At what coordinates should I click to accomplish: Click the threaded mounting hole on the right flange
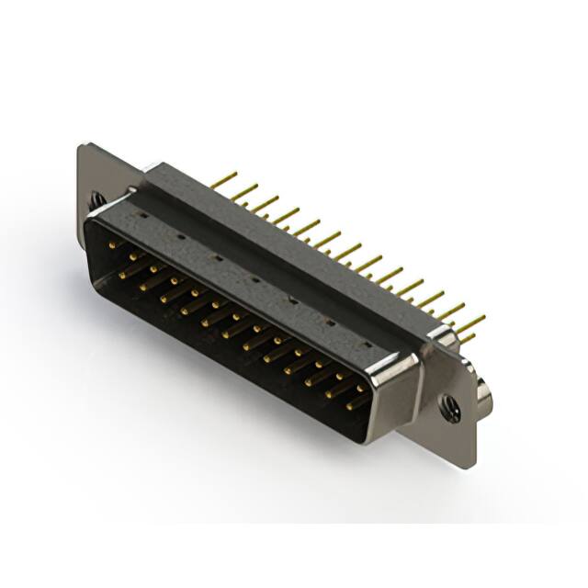click(x=450, y=407)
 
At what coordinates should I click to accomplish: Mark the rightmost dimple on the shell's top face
click(x=367, y=344)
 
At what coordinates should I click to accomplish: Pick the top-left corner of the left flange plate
click(x=82, y=146)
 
